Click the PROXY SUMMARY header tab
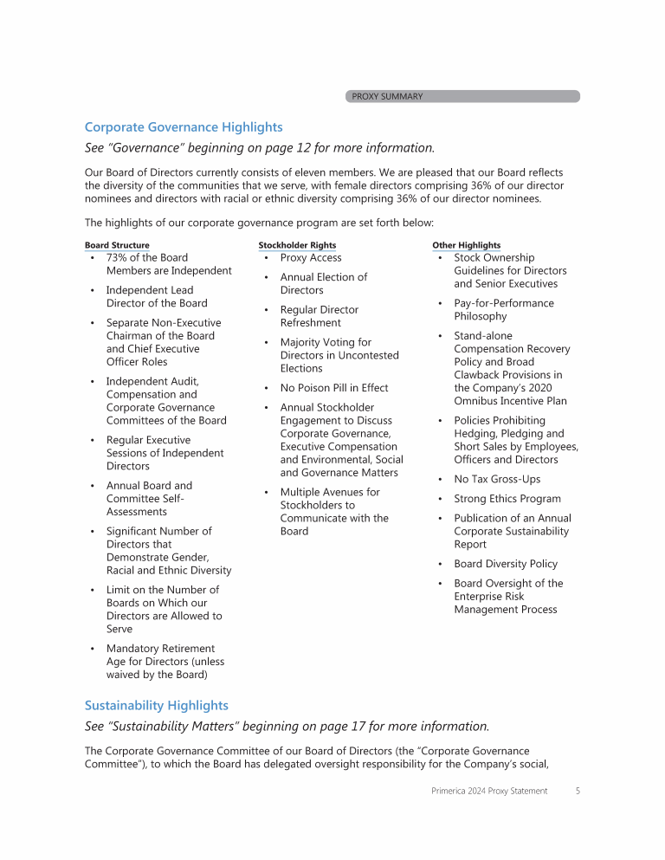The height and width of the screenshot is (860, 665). coord(387,96)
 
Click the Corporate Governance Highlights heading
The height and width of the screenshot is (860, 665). coord(184,127)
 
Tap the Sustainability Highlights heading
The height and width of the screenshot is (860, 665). coord(156,706)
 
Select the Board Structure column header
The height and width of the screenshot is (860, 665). coord(117,246)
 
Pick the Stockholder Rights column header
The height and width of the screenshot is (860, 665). coord(297,246)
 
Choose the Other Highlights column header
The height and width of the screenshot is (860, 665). coord(466,246)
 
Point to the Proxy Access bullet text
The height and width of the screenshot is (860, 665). coord(311,258)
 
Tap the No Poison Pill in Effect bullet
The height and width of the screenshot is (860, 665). coord(334,388)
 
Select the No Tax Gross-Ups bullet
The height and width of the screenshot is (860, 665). coord(497,479)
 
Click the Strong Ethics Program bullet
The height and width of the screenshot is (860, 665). coord(507,499)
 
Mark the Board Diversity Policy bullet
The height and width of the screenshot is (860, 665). coord(506,564)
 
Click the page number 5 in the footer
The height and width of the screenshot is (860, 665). coord(578,791)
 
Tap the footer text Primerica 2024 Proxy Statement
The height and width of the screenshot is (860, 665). coord(489,791)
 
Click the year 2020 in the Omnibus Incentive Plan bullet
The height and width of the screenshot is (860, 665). coord(537,388)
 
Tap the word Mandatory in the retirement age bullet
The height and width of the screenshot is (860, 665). coord(134,649)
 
